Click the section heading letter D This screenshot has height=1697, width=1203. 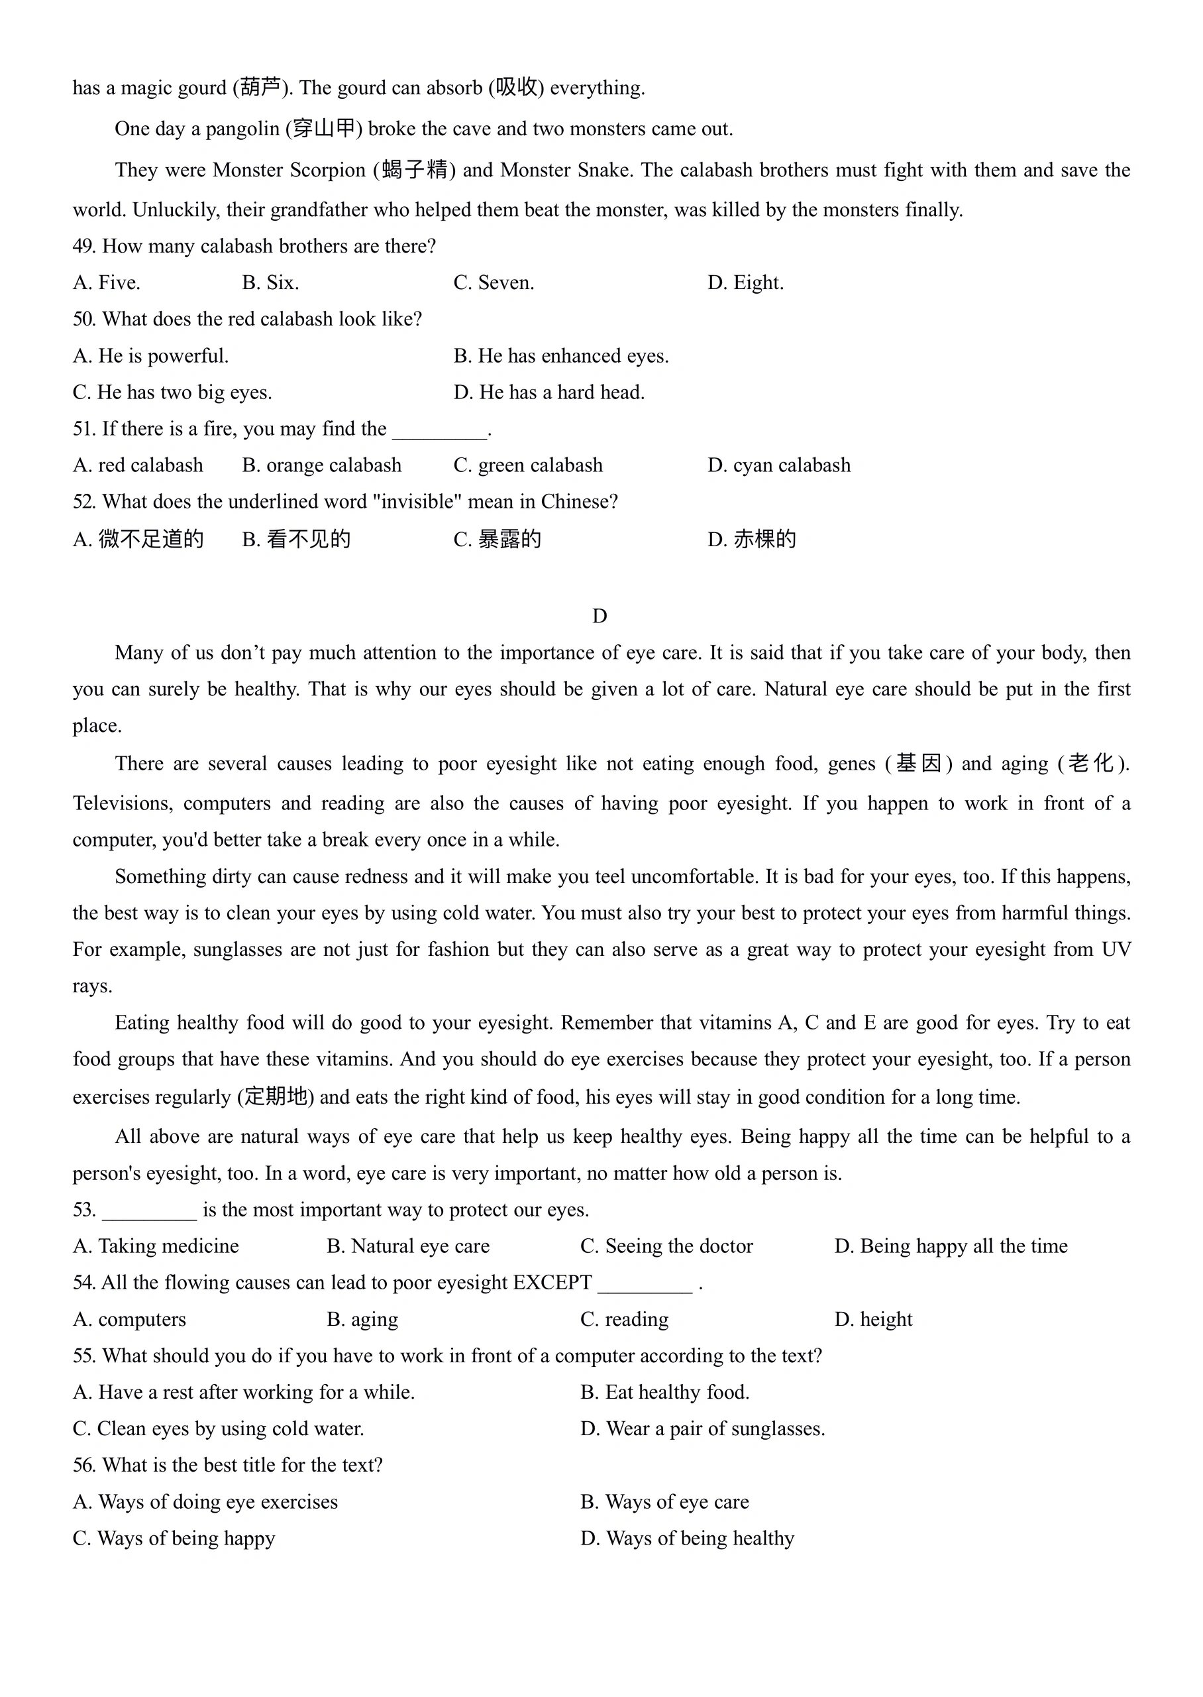[x=600, y=616]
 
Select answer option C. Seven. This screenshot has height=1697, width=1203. [x=494, y=283]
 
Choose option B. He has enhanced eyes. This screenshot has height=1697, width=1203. [x=560, y=357]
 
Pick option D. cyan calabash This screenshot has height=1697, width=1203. [x=778, y=465]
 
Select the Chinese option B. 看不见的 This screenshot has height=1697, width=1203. [x=296, y=540]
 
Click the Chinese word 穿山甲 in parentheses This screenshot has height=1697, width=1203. [x=325, y=130]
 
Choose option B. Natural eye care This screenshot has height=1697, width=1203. [x=408, y=1246]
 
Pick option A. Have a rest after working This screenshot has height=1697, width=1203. [x=244, y=1393]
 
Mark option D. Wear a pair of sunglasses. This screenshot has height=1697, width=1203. [x=702, y=1429]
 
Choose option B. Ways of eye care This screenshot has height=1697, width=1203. [x=664, y=1502]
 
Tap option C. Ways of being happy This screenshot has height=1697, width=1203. [x=174, y=1539]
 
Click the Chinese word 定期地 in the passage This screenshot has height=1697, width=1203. [x=276, y=1096]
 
